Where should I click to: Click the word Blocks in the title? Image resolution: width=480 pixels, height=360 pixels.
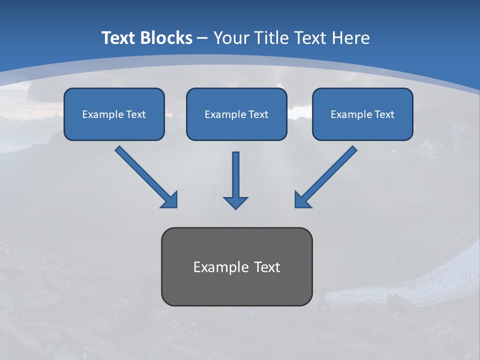click(x=166, y=37)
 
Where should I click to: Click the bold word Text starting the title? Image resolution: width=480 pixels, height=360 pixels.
click(x=118, y=37)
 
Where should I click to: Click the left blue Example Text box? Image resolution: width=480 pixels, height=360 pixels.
click(x=114, y=114)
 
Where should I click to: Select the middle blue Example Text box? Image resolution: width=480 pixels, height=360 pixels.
click(x=236, y=114)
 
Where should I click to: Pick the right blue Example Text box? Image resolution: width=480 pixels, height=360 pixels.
click(x=363, y=114)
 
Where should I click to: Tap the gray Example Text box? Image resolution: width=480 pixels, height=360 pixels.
click(x=237, y=266)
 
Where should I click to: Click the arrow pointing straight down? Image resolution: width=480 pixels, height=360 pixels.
click(x=235, y=180)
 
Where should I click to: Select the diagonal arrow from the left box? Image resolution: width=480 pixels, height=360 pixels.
click(x=146, y=177)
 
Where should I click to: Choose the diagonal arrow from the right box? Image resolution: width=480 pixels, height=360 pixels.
click(x=325, y=177)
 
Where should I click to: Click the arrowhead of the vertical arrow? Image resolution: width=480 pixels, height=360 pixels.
click(x=235, y=203)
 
